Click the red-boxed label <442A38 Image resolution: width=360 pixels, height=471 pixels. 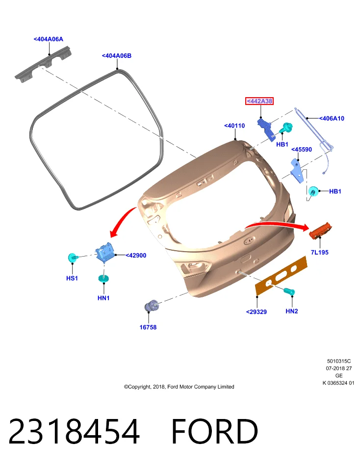pos(259,101)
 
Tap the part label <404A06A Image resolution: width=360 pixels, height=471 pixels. pos(49,39)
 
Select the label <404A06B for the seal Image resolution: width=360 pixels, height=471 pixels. pos(117,55)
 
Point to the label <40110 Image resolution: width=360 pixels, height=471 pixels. pos(234,126)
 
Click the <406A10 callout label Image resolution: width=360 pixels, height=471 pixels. pos(332,118)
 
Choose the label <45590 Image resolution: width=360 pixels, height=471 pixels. pos(302,149)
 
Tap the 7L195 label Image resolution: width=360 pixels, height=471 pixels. pos(319,252)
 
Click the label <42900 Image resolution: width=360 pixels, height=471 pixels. pos(136,255)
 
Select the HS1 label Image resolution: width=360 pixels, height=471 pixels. pos(72,278)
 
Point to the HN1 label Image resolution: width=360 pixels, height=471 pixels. pos(103,298)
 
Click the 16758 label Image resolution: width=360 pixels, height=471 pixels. pos(148,327)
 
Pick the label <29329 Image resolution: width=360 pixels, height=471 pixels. pos(257,312)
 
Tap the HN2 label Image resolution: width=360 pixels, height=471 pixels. pos(292,311)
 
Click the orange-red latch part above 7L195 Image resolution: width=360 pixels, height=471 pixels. pos(320,231)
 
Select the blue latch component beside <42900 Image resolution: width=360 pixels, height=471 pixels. pos(104,252)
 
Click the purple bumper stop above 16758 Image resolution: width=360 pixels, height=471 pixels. pos(152,306)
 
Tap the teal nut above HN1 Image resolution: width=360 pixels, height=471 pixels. pos(103,279)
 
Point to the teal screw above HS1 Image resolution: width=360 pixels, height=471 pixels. pos(73,258)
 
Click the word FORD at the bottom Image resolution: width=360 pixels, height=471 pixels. pos(215,431)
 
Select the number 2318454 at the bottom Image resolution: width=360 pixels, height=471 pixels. pos(74,431)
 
